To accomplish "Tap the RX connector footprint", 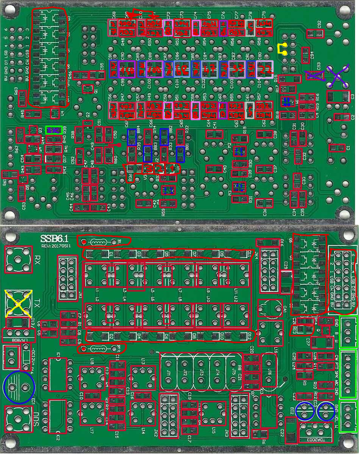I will tap(17, 259).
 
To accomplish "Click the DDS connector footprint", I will tap(17, 419).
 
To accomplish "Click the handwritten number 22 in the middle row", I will tap(265, 69).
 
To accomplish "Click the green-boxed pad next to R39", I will tap(54, 130).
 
